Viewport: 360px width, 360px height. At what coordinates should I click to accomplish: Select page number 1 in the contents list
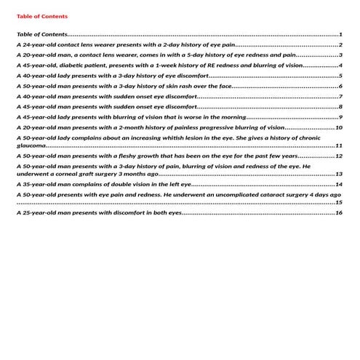340,34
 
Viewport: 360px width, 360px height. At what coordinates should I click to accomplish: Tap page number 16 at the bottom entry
338,212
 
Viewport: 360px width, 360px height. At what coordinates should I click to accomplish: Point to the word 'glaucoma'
31,145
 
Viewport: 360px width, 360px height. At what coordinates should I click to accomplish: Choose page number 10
338,127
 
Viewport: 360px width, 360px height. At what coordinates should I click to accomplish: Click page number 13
338,174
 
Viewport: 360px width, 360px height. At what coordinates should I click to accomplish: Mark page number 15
338,202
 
